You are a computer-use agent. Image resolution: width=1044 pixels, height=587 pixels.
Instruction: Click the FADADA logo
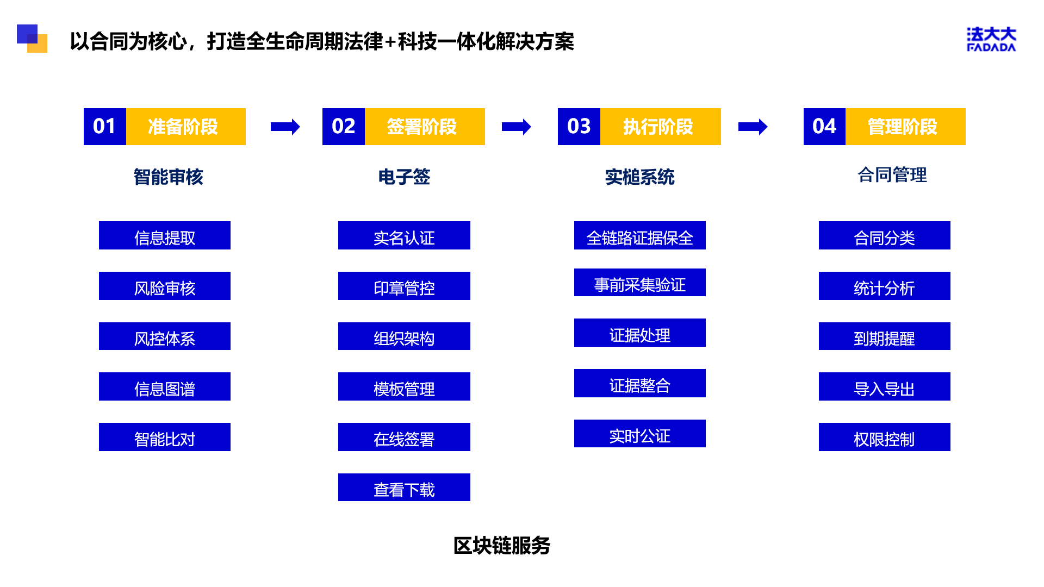991,39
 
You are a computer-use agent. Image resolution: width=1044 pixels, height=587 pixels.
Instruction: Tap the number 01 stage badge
105,127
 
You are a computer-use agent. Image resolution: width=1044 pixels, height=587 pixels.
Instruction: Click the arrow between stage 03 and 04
753,127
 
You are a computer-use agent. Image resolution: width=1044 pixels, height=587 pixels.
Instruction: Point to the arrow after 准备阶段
285,127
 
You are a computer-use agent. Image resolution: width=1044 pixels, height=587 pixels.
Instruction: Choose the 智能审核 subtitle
169,177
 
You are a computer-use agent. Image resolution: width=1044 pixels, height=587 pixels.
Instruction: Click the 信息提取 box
165,235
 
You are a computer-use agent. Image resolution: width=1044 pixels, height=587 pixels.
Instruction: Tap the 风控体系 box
165,336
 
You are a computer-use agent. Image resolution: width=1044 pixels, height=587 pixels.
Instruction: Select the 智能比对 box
165,437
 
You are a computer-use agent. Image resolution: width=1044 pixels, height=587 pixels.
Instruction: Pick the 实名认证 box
404,235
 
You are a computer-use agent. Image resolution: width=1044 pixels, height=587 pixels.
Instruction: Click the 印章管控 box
404,286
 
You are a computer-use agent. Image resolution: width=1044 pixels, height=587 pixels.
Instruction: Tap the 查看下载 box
404,488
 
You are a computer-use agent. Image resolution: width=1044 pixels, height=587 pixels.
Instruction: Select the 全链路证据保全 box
640,235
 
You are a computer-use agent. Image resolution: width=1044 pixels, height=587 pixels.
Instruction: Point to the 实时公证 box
640,434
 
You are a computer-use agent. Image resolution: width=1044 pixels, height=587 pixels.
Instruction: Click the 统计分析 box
885,286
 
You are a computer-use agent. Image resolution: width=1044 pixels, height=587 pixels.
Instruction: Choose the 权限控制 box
885,437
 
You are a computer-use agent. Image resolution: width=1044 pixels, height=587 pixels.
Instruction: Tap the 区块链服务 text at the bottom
502,546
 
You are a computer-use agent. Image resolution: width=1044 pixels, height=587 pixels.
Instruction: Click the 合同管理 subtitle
892,175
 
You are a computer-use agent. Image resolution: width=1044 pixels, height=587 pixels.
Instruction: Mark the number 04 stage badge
825,127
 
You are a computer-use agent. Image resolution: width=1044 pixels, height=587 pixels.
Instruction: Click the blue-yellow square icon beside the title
32,39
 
